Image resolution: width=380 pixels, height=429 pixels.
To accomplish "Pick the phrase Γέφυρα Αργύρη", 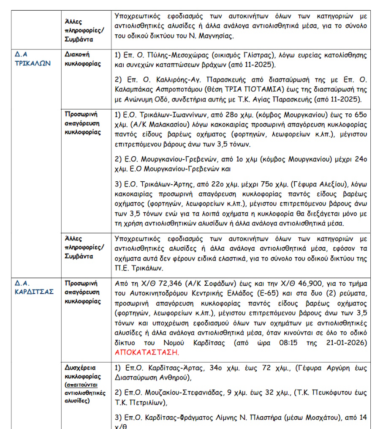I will coord(312,368).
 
